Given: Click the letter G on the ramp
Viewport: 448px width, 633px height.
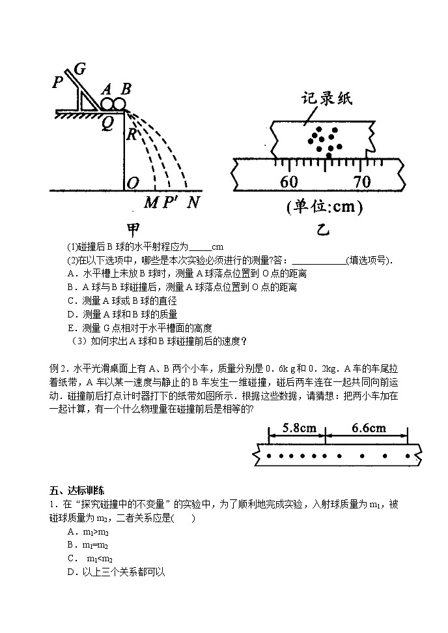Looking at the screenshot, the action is [x=80, y=68].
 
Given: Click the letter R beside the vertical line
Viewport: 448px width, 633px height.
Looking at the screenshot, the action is [x=132, y=135].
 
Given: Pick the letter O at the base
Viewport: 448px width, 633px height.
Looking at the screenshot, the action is [x=132, y=183].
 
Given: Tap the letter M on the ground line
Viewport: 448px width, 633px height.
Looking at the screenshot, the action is [x=151, y=202].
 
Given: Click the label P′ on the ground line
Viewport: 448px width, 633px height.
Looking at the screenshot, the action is [x=171, y=202].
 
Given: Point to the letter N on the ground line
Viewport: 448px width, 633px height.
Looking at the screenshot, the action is [x=193, y=202].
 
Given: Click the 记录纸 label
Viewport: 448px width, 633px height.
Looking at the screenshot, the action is [x=326, y=99].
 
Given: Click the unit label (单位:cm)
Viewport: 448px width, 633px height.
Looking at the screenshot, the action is [x=324, y=207].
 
